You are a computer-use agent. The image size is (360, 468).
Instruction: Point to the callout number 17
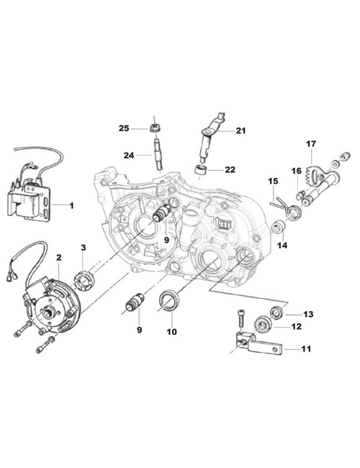click(311, 143)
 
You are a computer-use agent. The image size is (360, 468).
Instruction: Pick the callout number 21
click(240, 130)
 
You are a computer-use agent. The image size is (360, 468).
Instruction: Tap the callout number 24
click(127, 154)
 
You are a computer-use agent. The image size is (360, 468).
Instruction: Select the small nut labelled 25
click(155, 130)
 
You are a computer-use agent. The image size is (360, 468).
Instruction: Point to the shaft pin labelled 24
click(156, 156)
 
